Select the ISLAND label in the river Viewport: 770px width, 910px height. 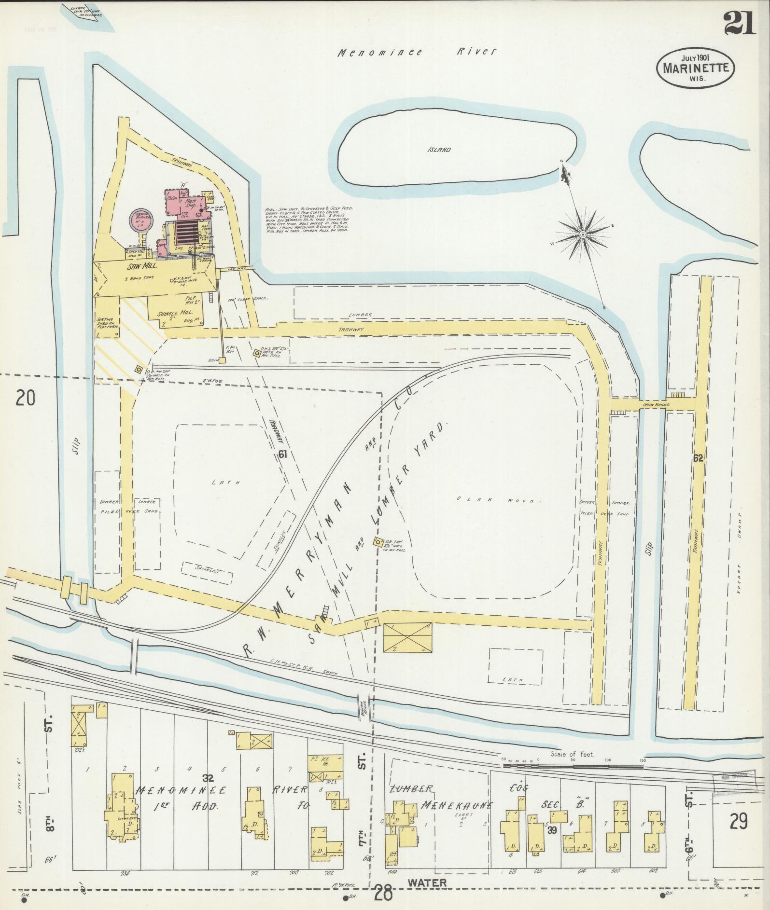[439, 150]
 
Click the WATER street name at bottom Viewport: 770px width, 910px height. [426, 882]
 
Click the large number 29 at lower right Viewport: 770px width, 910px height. [739, 821]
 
